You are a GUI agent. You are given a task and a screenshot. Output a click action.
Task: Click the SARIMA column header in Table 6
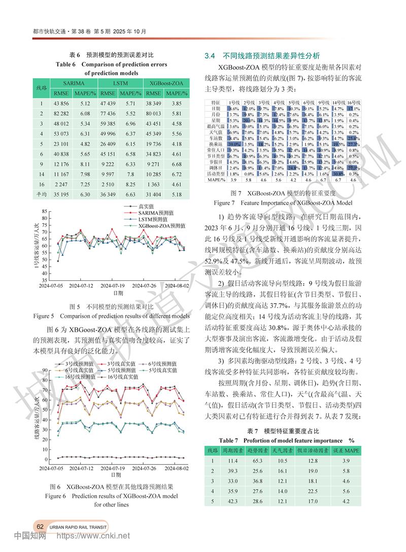pos(74,83)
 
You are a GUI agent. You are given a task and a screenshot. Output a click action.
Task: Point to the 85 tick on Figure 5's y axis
pos(45,211)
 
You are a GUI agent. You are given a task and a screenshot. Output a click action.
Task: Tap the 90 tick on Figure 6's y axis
pos(45,370)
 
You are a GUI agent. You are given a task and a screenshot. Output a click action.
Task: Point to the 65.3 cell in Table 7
pos(257,461)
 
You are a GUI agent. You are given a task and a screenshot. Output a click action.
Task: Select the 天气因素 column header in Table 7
pos(280,450)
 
